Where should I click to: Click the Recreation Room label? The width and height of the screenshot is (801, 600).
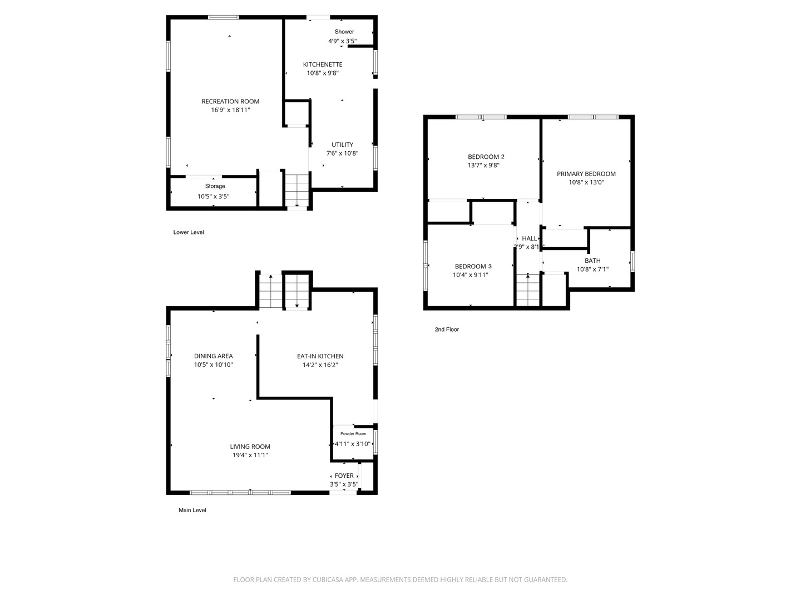230,101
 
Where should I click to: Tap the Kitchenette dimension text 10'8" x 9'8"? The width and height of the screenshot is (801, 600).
323,73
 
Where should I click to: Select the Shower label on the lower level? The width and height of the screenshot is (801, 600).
344,32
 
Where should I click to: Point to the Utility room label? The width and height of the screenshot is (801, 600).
342,144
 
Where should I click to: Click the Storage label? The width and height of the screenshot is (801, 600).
215,186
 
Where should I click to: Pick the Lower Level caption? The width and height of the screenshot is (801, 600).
189,232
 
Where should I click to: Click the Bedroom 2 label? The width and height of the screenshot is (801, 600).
486,157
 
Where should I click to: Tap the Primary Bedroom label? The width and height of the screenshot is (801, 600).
586,174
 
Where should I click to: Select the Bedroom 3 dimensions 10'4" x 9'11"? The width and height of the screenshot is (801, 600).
471,274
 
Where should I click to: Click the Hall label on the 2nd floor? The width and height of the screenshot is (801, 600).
530,238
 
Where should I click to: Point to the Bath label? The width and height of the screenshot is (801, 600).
592,261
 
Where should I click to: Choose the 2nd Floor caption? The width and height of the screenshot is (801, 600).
447,329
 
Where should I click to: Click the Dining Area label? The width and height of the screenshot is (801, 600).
213,356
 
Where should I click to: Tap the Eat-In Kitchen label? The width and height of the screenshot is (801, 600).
320,356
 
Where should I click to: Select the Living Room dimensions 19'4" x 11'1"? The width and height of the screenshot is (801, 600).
250,455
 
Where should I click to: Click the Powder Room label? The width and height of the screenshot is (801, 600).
353,433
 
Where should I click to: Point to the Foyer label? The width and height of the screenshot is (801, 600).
344,476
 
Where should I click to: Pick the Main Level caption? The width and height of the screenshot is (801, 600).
192,510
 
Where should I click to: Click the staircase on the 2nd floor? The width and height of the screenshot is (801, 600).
528,291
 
